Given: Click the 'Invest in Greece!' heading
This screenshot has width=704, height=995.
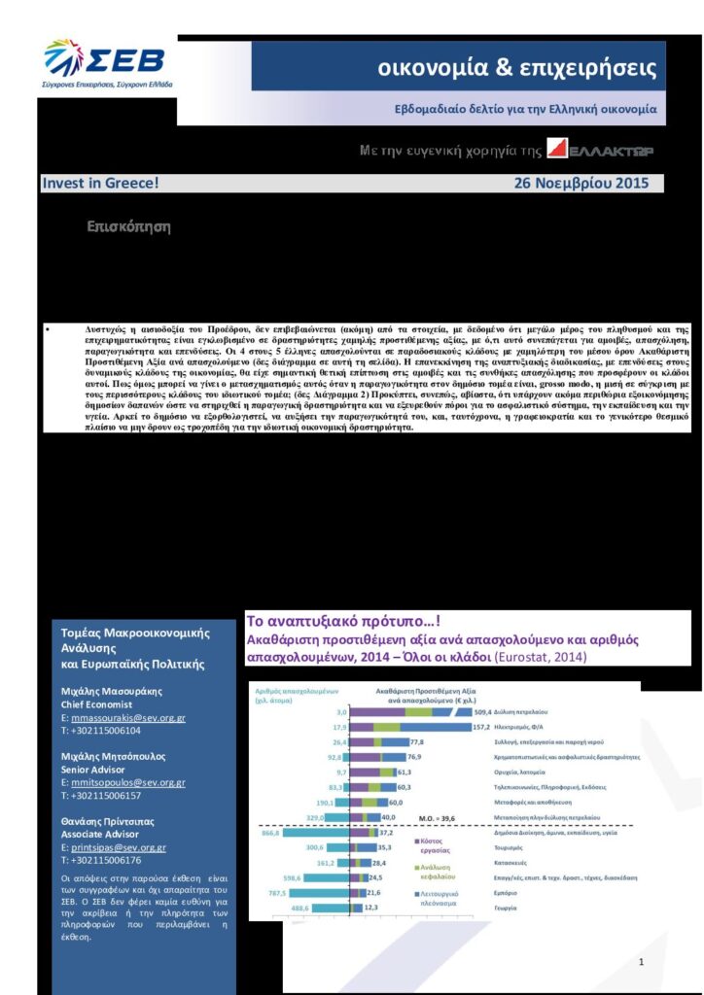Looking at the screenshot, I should [100, 183].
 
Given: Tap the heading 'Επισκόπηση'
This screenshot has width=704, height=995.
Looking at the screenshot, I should [128, 227].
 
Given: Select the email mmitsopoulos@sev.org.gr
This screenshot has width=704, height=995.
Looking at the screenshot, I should [127, 782].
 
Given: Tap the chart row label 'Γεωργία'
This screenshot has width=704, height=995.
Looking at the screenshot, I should [517, 908].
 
